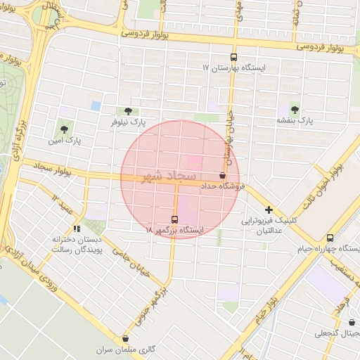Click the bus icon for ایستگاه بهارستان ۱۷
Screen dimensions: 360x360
click(x=233, y=58)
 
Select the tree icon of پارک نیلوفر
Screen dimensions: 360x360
click(x=128, y=111)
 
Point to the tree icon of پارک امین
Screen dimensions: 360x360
click(x=65, y=129)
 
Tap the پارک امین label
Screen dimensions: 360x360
click(x=65, y=140)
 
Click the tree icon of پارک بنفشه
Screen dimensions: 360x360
click(x=294, y=110)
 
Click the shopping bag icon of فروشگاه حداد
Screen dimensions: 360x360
click(x=223, y=175)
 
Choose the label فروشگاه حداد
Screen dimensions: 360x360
click(x=223, y=186)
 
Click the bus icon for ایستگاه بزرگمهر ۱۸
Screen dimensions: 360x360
click(x=175, y=219)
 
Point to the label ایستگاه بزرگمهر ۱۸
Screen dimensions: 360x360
click(x=174, y=230)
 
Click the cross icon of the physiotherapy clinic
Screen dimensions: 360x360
click(x=269, y=210)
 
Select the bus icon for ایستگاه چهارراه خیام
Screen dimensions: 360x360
click(x=330, y=238)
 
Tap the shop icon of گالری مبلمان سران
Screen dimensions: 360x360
click(x=126, y=338)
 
